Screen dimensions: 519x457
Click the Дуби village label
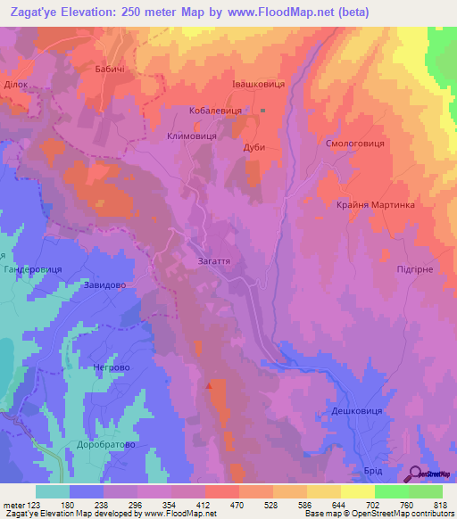coord(254,148)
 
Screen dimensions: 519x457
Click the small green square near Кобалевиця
coord(263,111)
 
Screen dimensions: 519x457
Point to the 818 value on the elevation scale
coord(439,505)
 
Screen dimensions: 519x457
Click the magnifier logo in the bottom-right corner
coord(416,474)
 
